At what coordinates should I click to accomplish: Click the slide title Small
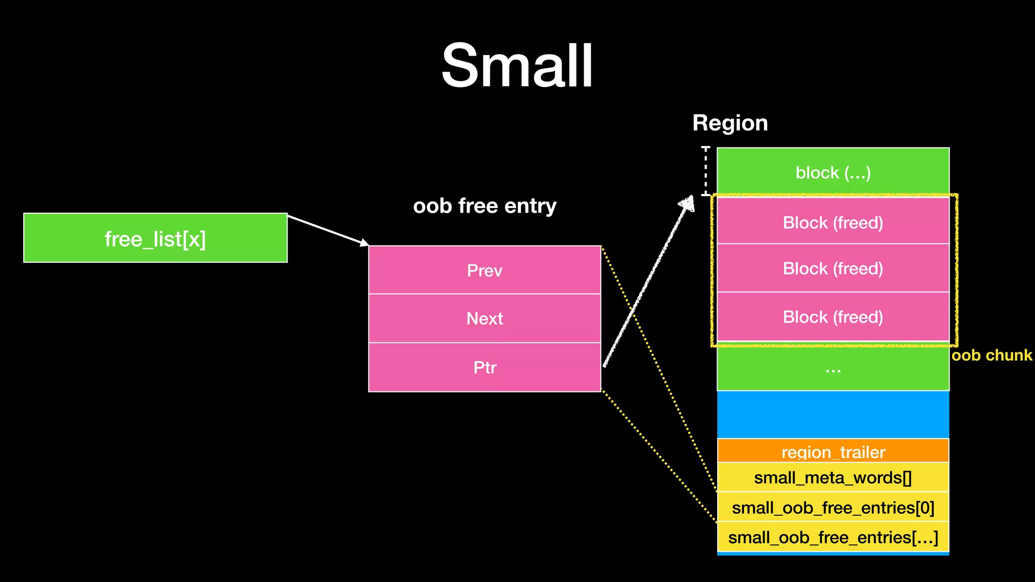[x=517, y=66]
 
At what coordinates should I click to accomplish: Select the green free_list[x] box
[x=155, y=238]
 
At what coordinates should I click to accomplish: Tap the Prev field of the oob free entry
[x=484, y=270]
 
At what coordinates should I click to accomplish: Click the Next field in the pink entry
[x=484, y=318]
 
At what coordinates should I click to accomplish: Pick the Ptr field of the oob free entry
[x=484, y=367]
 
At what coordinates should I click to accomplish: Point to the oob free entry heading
[x=484, y=206]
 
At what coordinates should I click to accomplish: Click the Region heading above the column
[x=730, y=123]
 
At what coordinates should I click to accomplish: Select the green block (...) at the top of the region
[x=833, y=172]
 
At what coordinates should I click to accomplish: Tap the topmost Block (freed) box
[x=833, y=222]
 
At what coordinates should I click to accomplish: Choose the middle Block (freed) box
[x=833, y=268]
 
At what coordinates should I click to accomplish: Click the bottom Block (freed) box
[x=833, y=317]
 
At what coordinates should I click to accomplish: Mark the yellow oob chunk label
[x=992, y=355]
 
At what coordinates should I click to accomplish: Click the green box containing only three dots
[x=833, y=369]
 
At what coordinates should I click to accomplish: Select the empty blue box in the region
[x=833, y=414]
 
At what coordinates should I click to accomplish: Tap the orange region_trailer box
[x=833, y=451]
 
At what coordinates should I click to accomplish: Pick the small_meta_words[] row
[x=833, y=477]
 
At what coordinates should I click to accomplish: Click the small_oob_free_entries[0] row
[x=833, y=507]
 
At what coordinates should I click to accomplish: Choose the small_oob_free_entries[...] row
[x=833, y=537]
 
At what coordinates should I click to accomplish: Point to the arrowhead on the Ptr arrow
[x=688, y=204]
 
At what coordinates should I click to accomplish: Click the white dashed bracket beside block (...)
[x=706, y=171]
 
